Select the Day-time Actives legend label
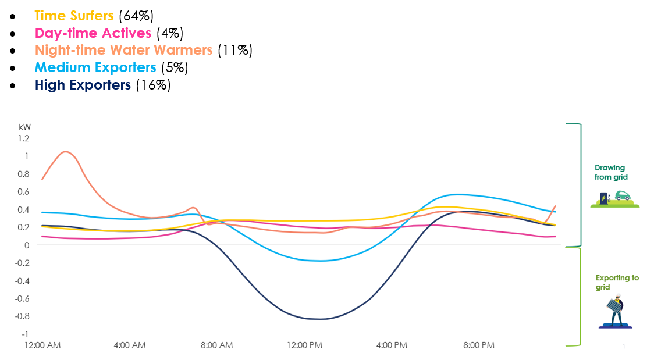93,33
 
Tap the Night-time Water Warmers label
123,50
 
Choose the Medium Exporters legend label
95,67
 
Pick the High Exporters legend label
83,85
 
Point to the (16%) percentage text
153,85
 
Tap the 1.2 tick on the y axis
24,138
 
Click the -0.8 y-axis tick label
22,316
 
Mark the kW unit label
24,127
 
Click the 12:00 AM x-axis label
42,345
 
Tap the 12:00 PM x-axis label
304,345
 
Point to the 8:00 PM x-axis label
479,345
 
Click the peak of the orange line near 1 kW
65,152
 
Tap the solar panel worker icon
615,309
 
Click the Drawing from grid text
611,172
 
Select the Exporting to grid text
617,282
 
